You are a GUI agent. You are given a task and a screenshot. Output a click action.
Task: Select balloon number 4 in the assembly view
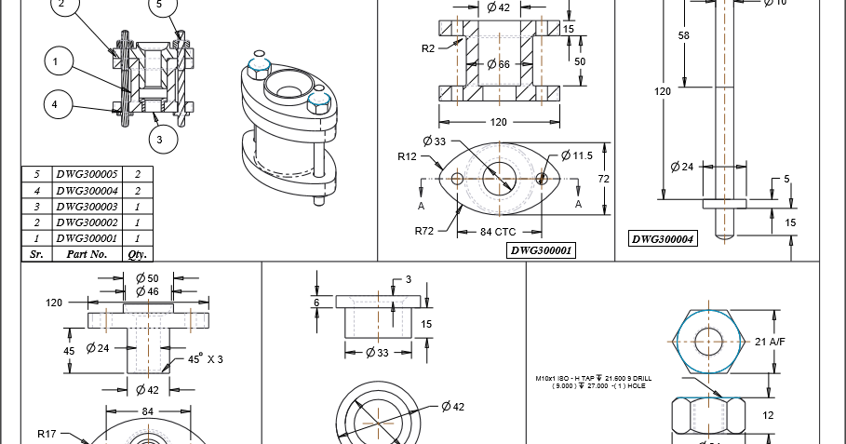click(x=55, y=105)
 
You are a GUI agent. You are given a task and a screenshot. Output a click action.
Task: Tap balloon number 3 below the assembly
click(x=161, y=140)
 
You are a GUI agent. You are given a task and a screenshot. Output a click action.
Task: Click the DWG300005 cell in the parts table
click(x=87, y=174)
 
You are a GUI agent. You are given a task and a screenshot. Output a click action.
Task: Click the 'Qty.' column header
click(x=138, y=253)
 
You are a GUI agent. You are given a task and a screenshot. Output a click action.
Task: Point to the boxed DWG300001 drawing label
click(x=541, y=250)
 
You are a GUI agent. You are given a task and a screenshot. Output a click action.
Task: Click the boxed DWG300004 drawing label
click(x=663, y=238)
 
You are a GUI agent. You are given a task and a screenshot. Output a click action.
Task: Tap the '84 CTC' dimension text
click(x=498, y=231)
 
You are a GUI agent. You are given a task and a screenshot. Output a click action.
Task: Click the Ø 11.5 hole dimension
click(x=576, y=155)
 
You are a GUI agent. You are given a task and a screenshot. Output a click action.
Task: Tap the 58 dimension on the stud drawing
click(x=684, y=35)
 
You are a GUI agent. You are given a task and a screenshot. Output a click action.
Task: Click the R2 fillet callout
click(x=429, y=47)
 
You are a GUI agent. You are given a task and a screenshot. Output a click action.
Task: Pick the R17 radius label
click(x=48, y=434)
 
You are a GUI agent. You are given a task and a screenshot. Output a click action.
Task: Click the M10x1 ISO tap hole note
click(x=593, y=382)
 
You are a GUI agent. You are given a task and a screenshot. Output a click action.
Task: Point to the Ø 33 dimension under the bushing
click(x=377, y=353)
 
